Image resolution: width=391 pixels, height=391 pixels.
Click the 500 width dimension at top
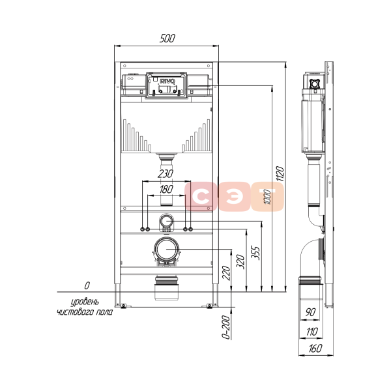click(x=167, y=38)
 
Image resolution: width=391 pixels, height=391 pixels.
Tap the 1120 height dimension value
click(x=280, y=174)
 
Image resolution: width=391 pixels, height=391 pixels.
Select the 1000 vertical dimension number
click(x=267, y=197)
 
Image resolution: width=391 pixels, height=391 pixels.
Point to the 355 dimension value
click(x=255, y=253)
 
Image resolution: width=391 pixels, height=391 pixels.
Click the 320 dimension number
click(x=240, y=261)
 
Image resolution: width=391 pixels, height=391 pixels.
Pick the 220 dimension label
click(x=226, y=273)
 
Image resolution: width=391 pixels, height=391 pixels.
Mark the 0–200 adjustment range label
click(x=225, y=327)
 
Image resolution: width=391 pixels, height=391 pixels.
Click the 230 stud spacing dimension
click(x=166, y=174)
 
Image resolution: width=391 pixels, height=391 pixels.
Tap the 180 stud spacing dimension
click(x=166, y=189)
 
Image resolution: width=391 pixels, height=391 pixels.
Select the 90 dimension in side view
click(x=310, y=312)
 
